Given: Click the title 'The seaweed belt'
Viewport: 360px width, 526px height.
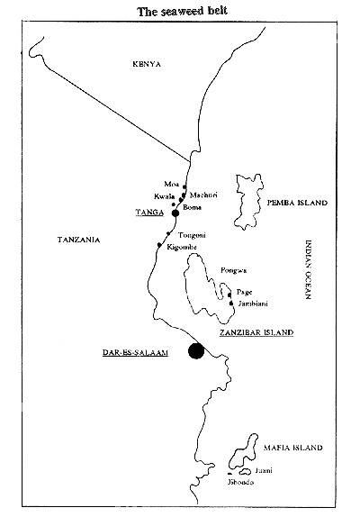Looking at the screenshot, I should pos(180,11).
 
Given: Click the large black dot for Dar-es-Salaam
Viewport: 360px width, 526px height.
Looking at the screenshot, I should pos(194,352).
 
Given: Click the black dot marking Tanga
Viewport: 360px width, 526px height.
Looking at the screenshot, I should pos(175,213).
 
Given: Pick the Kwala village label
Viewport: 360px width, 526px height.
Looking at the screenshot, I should pos(164,195).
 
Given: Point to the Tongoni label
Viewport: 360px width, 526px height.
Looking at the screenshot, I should pos(193,235).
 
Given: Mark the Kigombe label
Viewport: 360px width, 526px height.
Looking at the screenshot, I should pos(182,247).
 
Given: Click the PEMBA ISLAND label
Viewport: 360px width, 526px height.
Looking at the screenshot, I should pos(294,204).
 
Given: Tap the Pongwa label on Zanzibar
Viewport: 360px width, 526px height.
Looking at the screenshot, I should pos(232,270).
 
